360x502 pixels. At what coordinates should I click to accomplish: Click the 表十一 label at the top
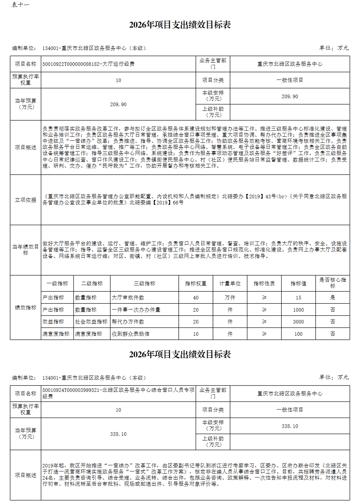point(21,5)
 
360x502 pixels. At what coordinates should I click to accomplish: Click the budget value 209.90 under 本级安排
point(290,96)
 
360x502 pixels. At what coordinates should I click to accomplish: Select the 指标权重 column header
point(196,284)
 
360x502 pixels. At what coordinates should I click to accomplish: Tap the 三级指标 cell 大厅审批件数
point(128,298)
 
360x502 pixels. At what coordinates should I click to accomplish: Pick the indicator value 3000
point(298,322)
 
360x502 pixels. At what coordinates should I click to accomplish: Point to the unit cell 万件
point(230,298)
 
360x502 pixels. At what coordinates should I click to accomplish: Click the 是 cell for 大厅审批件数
point(333,298)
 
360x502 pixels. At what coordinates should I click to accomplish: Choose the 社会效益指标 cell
point(91,322)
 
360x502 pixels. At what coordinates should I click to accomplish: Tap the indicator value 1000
point(298,310)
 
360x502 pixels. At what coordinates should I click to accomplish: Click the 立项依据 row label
point(26,200)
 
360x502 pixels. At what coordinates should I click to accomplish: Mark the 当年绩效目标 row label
point(26,250)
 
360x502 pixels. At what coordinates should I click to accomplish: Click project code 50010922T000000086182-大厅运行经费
point(89,64)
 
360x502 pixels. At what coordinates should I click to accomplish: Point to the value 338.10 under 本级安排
point(290,426)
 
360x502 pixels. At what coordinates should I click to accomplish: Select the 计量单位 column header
point(230,284)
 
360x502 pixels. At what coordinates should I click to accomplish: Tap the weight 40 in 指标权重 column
point(196,298)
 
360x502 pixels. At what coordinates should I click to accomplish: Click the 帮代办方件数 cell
point(128,322)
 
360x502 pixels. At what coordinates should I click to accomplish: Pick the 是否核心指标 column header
point(333,283)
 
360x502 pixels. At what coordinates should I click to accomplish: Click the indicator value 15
point(298,298)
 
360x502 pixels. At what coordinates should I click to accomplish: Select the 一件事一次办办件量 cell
point(136,310)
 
